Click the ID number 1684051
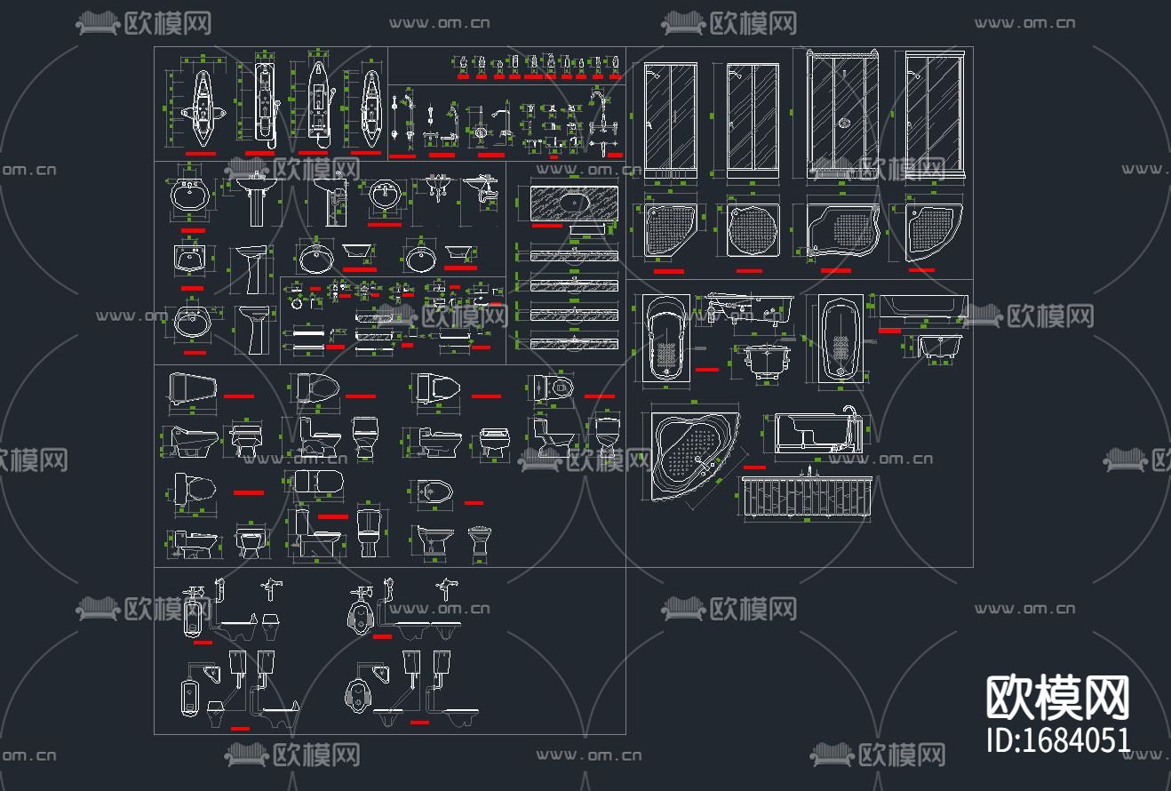(x=1058, y=739)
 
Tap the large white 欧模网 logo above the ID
(x=1058, y=697)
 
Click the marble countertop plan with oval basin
(x=573, y=203)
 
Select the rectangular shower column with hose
(x=263, y=102)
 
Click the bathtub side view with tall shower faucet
(x=817, y=435)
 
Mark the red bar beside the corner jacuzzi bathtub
(x=754, y=467)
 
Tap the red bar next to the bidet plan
(x=474, y=503)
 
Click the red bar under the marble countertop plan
(x=546, y=226)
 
